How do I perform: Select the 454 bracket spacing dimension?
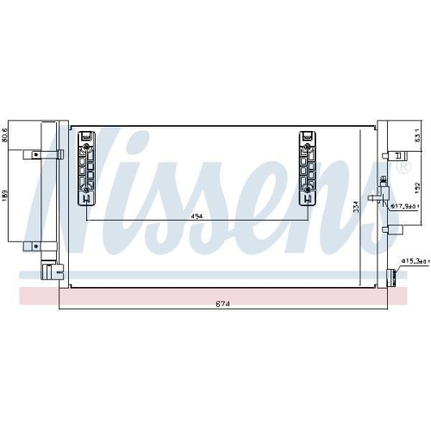coord(197,216)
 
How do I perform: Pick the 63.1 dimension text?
coord(416,135)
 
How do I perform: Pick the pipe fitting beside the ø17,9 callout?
coord(377,201)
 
